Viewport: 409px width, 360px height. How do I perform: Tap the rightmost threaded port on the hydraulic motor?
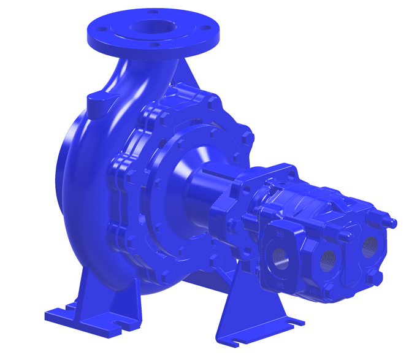pyautogui.click(x=369, y=246)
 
